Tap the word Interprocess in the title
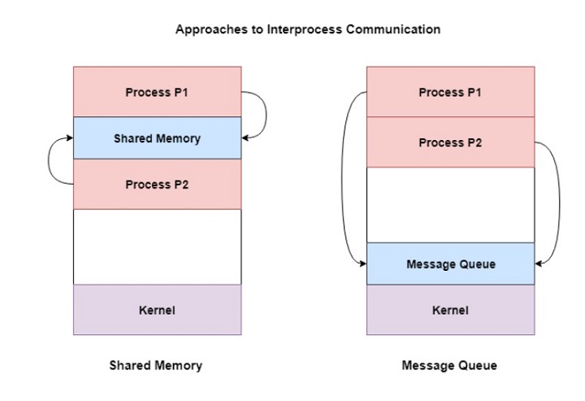[290, 29]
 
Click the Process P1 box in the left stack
[157, 92]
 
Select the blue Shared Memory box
[157, 138]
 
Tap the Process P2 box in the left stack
[157, 185]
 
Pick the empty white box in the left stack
[157, 246]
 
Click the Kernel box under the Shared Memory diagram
[157, 310]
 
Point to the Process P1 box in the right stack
[450, 92]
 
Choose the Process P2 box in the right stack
[450, 142]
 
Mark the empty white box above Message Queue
[450, 205]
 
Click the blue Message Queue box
[450, 264]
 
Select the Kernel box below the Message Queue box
[450, 310]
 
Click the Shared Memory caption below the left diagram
[156, 366]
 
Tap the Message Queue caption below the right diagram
[449, 366]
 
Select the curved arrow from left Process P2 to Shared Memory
[50, 160]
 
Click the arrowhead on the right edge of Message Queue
[539, 264]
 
